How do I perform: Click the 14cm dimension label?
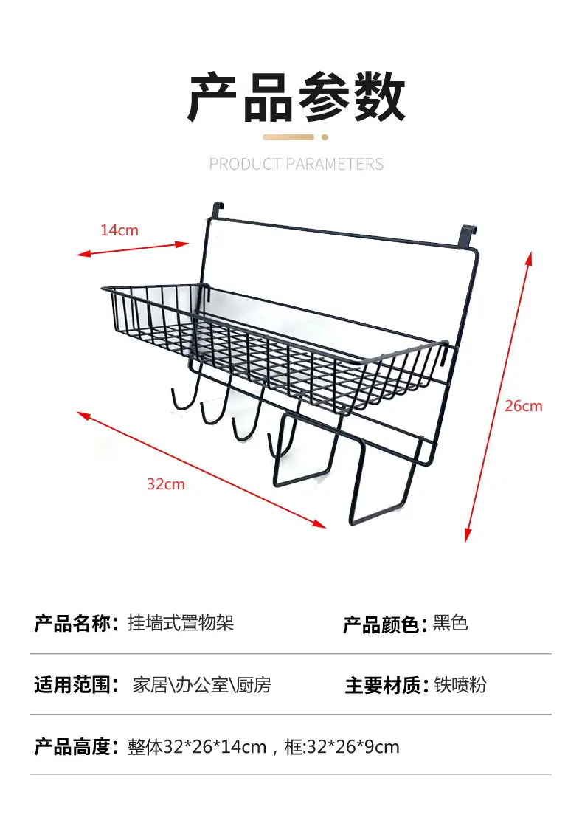pos(119,230)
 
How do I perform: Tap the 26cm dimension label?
pos(523,406)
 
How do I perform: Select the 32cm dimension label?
pos(166,484)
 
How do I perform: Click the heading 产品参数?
pos(297,98)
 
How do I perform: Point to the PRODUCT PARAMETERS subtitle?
pos(297,165)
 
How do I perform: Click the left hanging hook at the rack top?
pos(218,210)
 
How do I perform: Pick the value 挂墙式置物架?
pos(181,623)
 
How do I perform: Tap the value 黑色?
pos(451,623)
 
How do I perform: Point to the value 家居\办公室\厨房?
pos(202,685)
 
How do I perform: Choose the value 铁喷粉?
pos(460,685)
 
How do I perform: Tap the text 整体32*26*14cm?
pos(197,747)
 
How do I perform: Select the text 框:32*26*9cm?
pos(342,747)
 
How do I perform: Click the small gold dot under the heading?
pos(325,137)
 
